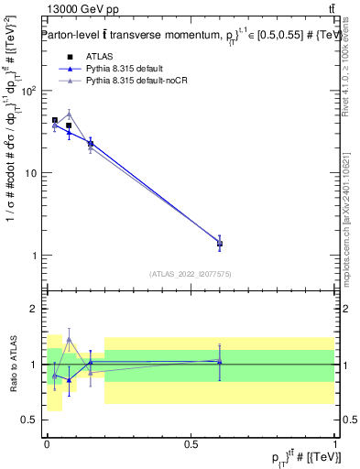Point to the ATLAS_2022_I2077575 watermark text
coord(190,273)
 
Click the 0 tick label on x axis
coord(47,443)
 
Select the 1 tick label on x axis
coord(334,443)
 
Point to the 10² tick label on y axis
coord(29,91)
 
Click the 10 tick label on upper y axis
coord(31,173)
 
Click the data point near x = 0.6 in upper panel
coord(219,243)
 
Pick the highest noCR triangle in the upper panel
coord(69,115)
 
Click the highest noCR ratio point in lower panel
coord(69,339)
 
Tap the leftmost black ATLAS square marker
coord(55,120)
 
